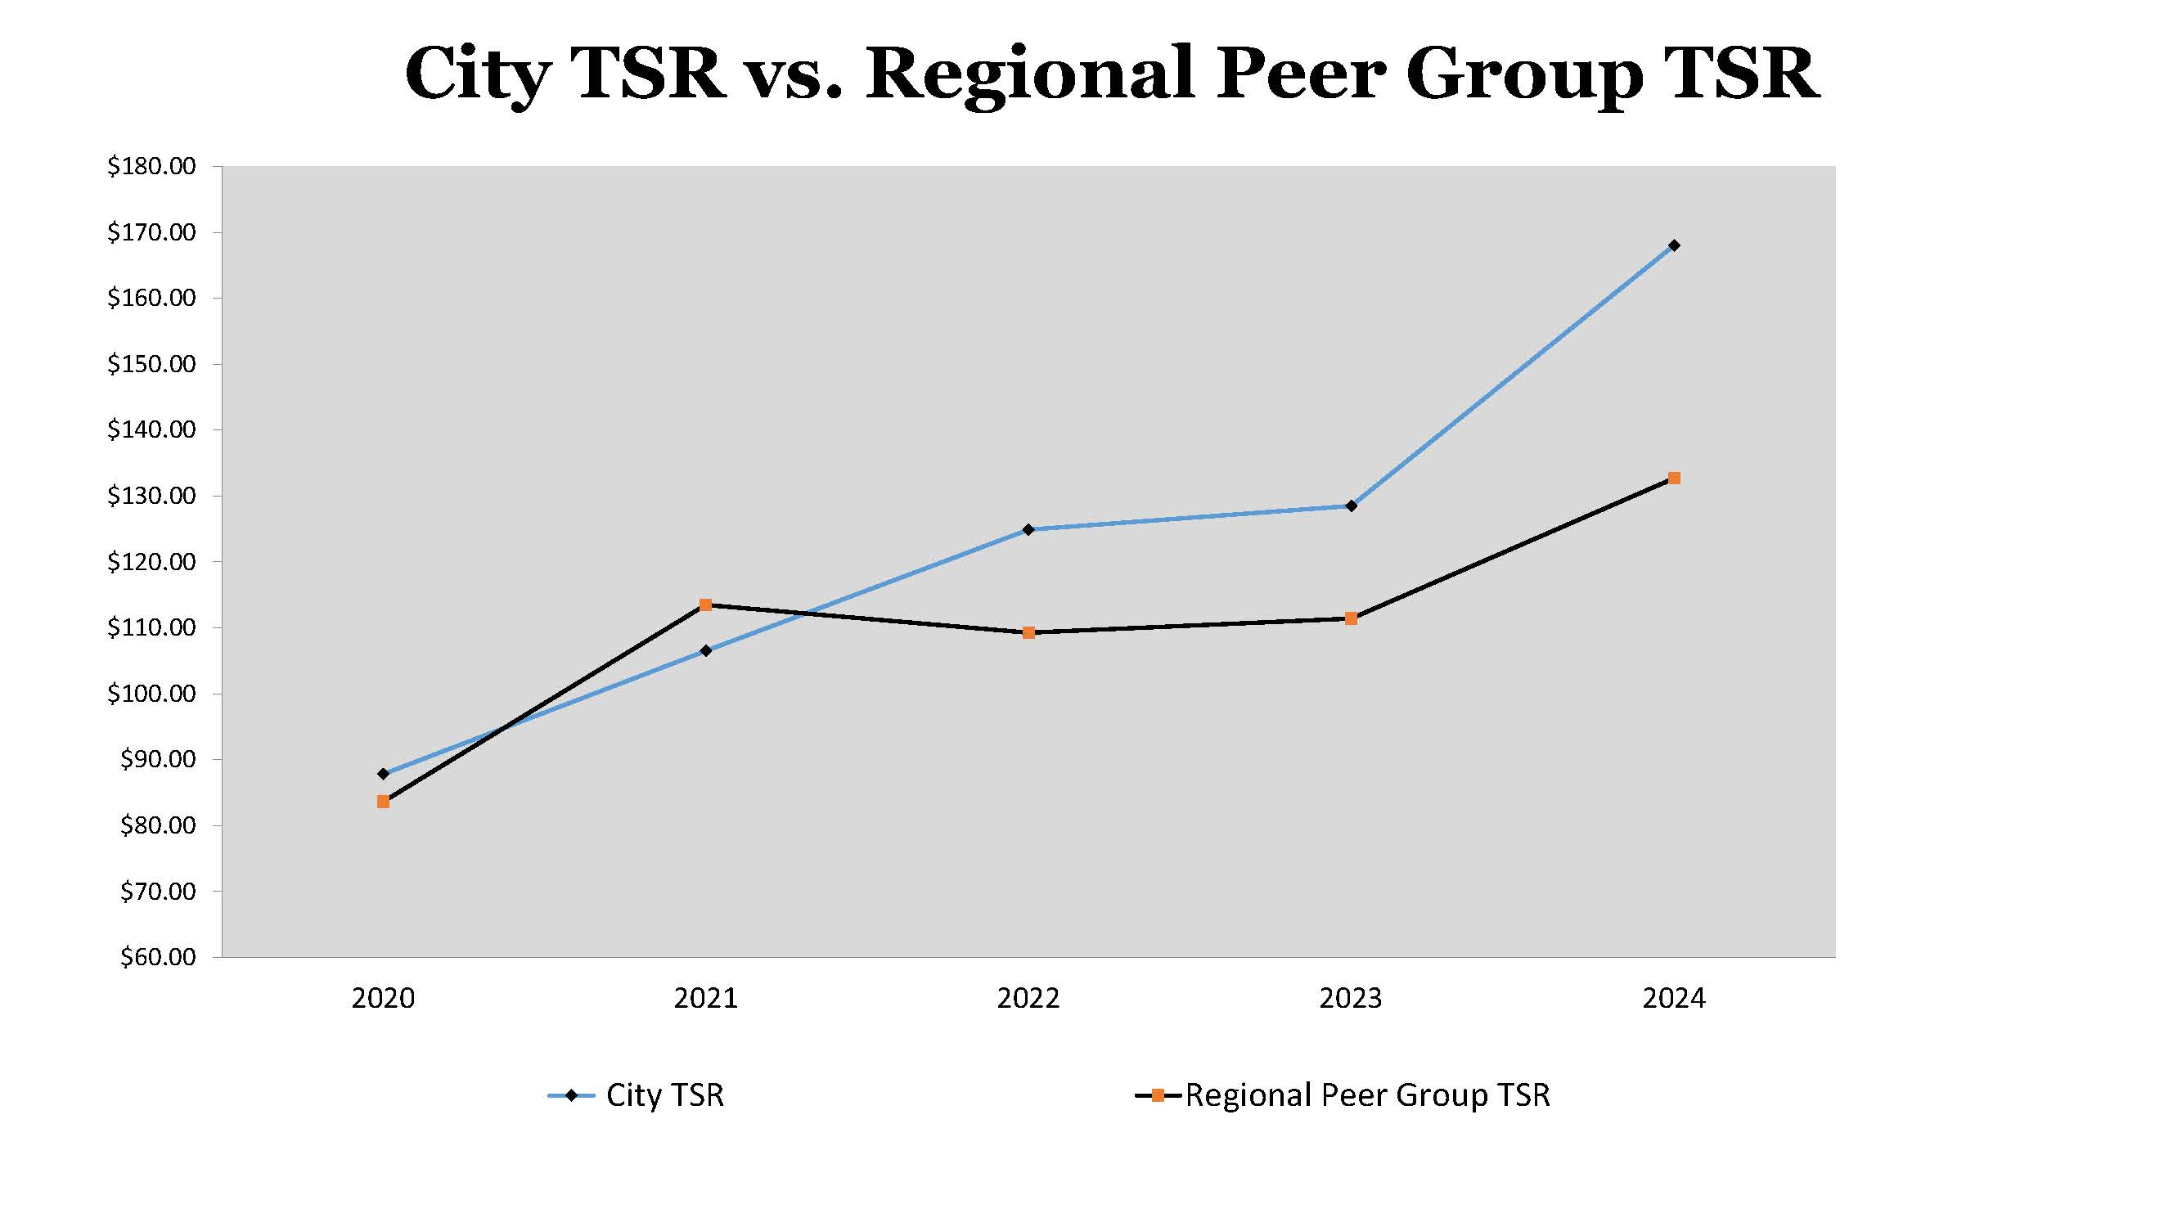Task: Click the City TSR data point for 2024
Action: (1673, 245)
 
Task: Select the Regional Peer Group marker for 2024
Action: (1673, 479)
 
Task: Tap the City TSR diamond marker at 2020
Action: (383, 774)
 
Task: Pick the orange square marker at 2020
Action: (383, 801)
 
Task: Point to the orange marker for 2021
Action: (705, 605)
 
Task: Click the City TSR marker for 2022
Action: (1028, 529)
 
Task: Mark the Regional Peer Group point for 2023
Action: (1351, 618)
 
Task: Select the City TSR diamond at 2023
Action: (1351, 506)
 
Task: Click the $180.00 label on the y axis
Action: (151, 166)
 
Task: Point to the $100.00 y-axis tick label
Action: (151, 694)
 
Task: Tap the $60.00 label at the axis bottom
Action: (158, 957)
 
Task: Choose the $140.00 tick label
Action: (151, 429)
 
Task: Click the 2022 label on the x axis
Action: (1028, 998)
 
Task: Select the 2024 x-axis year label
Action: (1673, 998)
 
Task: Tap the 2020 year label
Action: (383, 998)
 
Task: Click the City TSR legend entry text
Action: (665, 1095)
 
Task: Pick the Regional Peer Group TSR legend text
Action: (1367, 1095)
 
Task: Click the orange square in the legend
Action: (1157, 1095)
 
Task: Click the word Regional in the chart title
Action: (1028, 74)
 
